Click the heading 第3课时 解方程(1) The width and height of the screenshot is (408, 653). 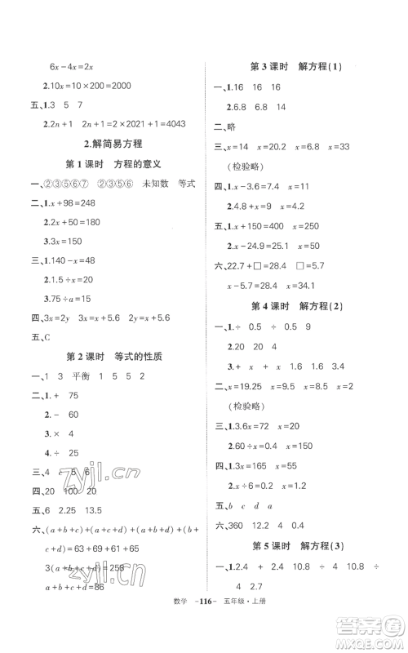pyautogui.click(x=301, y=66)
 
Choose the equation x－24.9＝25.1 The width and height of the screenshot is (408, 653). pyautogui.click(x=258, y=246)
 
